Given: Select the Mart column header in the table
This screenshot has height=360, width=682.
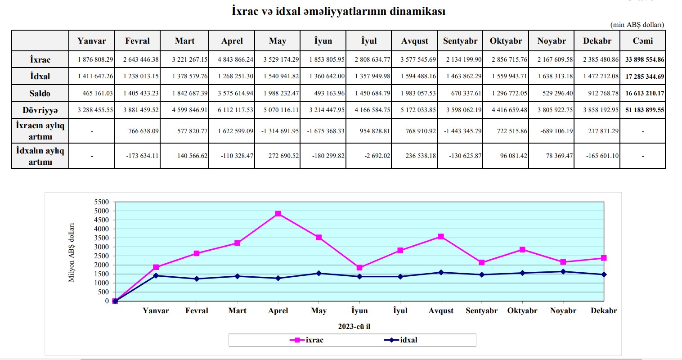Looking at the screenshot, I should [184, 41].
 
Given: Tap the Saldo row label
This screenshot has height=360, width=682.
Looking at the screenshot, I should [40, 94].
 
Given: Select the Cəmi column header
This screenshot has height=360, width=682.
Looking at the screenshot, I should [642, 41].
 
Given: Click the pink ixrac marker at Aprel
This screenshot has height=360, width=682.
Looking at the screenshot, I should [278, 214].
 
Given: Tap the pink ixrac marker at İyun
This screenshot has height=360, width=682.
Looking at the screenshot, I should [359, 268].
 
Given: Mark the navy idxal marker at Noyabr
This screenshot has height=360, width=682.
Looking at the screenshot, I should [563, 271].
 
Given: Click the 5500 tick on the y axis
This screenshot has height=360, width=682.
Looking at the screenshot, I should [101, 202].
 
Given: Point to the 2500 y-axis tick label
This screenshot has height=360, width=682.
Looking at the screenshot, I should [101, 256].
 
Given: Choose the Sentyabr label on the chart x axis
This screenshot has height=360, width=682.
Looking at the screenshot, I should [481, 310].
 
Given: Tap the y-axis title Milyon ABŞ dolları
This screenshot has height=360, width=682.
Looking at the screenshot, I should [72, 253].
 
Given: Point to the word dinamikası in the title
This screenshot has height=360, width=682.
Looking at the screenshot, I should [417, 11].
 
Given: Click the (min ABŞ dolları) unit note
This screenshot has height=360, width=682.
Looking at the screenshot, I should [637, 25].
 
